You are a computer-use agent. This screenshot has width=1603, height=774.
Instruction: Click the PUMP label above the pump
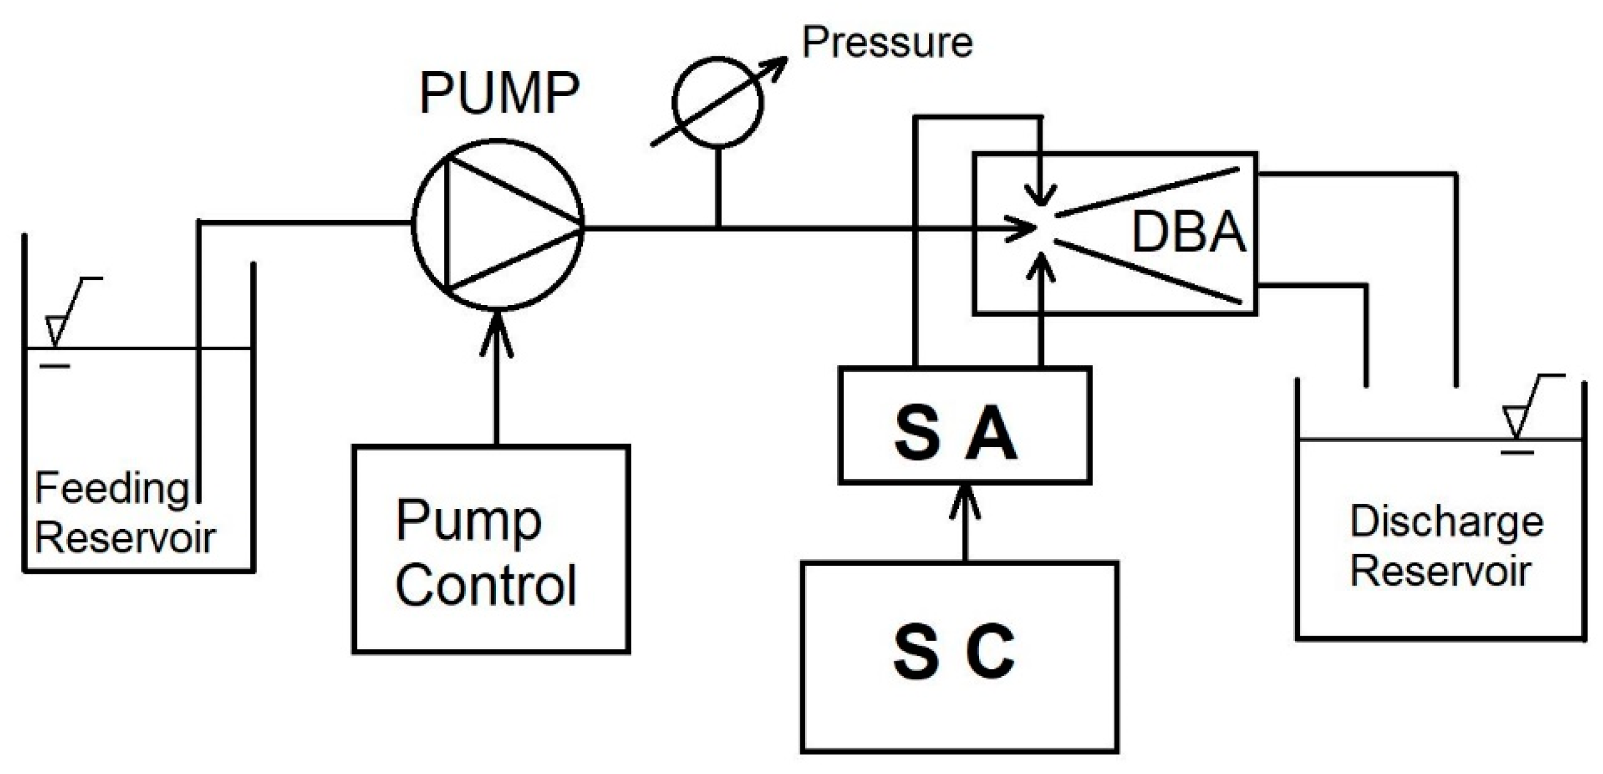(500, 93)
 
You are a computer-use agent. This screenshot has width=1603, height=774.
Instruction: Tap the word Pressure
(887, 42)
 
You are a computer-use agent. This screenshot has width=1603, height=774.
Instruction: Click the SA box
(964, 425)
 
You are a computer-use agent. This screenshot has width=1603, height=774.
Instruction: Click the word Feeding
(112, 489)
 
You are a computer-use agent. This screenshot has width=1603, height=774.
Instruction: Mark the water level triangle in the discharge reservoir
(1516, 422)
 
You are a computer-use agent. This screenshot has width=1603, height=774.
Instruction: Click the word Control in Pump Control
(486, 585)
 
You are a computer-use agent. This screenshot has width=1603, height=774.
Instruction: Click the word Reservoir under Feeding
(124, 538)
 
